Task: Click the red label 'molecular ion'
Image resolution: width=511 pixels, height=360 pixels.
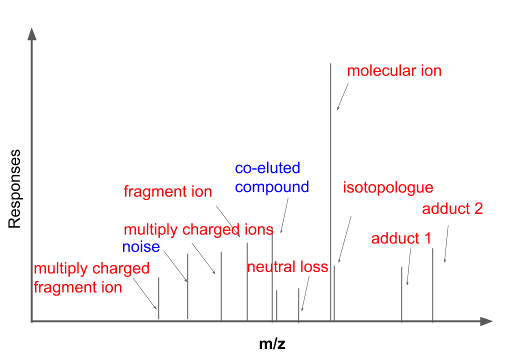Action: pos(394,70)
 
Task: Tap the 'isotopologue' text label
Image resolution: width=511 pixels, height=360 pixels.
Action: pos(387,188)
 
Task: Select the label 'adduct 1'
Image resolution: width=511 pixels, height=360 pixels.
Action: pos(401,238)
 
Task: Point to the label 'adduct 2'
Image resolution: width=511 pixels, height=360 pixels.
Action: pos(452,208)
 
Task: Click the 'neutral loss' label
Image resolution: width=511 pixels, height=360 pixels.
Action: pos(287,267)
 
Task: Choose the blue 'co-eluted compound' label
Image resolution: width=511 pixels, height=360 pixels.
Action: pos(271,177)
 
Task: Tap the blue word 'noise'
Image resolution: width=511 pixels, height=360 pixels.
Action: pos(141,246)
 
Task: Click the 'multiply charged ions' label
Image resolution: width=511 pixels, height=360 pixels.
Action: pos(198,229)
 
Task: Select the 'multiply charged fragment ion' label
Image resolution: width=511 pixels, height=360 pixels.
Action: pos(91,278)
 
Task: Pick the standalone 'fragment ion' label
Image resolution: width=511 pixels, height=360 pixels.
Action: pos(167,191)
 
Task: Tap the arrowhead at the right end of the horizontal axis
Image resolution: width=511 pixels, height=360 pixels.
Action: pos(486,321)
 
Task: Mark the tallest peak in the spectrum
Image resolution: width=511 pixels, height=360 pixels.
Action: pos(330,190)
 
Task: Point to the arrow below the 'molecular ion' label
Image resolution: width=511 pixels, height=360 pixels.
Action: pos(342,96)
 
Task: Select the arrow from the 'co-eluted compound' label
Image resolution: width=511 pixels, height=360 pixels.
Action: pos(285,215)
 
